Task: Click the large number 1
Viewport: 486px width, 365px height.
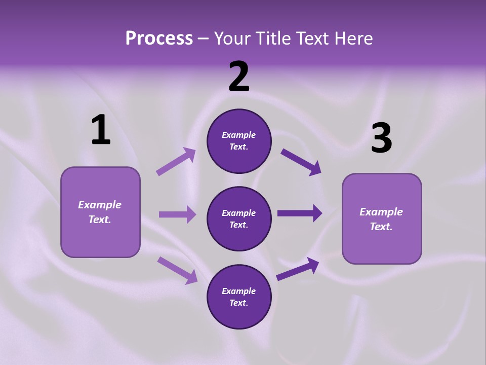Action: (101, 130)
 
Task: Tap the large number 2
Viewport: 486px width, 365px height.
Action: (239, 77)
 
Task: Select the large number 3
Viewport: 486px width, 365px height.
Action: (381, 138)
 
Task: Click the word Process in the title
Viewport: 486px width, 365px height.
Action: (159, 38)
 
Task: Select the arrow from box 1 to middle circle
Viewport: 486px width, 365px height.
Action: (177, 214)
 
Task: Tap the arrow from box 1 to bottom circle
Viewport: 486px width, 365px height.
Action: (177, 270)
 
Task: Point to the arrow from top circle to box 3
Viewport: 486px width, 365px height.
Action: (301, 162)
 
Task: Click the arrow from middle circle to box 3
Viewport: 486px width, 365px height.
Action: (299, 213)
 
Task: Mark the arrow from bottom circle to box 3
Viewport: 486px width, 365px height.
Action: (298, 269)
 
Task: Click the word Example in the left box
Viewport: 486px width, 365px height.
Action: (100, 205)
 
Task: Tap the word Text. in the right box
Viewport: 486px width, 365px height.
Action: (381, 227)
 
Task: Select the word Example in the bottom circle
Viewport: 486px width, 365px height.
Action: (239, 291)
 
